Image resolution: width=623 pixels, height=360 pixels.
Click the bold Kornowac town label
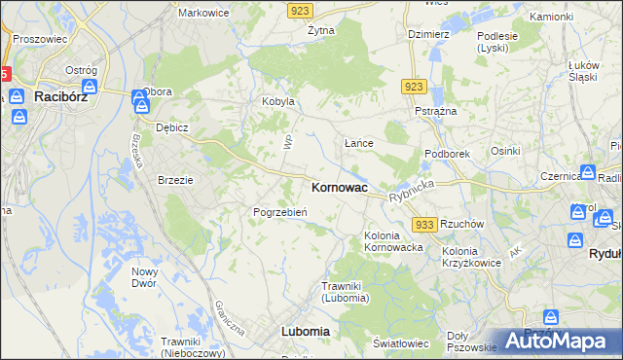339,187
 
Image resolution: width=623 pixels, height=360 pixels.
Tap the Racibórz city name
62,97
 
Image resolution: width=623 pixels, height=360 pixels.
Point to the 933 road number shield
423,225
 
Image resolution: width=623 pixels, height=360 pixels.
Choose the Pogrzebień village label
280,212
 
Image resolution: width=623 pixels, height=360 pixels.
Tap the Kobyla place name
277,101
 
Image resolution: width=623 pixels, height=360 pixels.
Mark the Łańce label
359,143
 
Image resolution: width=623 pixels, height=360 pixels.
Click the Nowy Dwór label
145,277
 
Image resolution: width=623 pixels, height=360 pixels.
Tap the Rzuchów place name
461,223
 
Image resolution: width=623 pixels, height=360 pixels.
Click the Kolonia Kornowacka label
393,241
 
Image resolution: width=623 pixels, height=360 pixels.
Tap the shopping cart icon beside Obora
138,97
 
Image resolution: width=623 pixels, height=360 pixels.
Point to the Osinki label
505,151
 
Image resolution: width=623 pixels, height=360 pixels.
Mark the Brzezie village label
176,180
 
